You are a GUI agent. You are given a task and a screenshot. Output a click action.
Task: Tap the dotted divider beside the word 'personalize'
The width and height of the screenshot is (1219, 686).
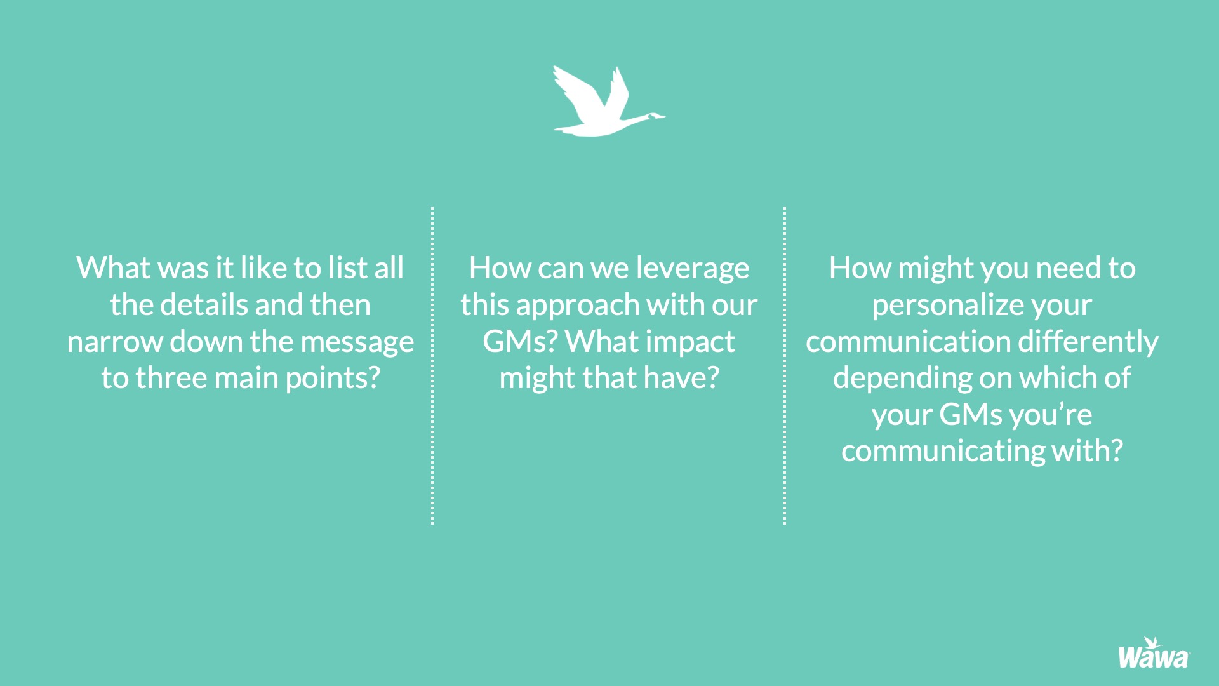(785, 365)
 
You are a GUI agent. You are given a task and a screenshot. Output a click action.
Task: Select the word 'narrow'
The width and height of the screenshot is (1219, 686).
(115, 342)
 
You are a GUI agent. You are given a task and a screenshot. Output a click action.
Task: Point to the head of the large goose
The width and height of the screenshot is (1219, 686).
(656, 116)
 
